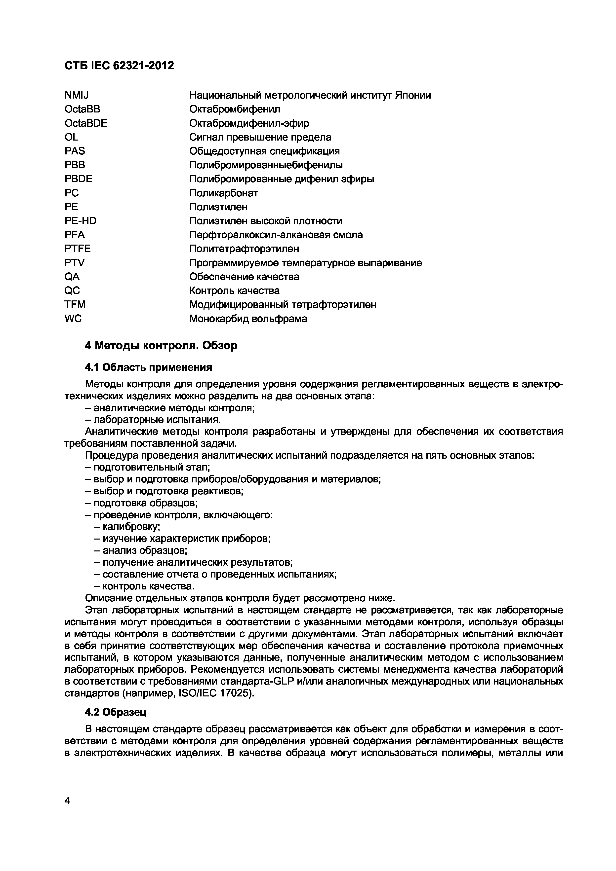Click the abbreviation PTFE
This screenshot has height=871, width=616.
(x=78, y=249)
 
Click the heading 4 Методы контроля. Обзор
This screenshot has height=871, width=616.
(x=161, y=346)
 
